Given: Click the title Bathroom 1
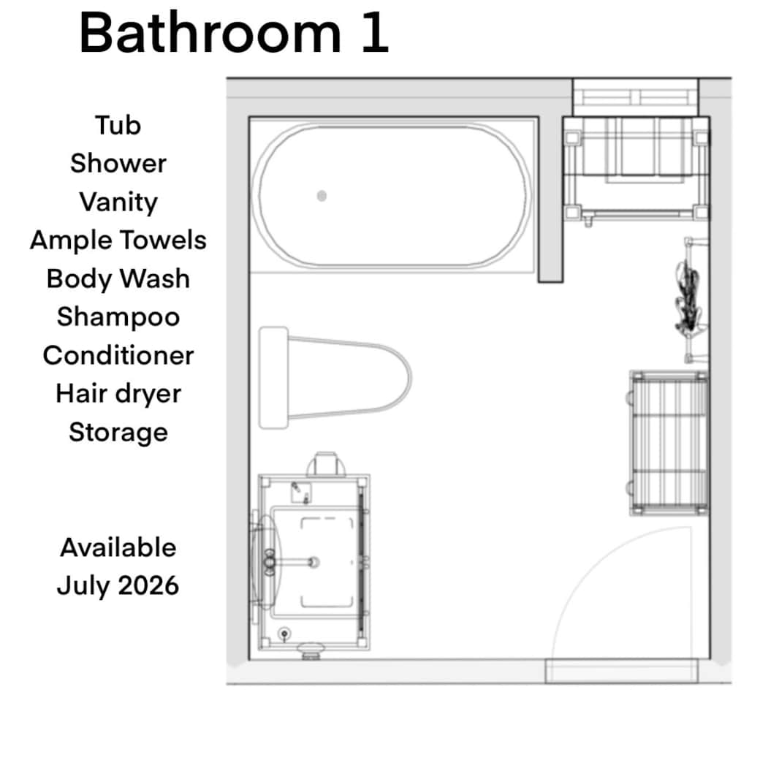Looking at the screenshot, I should pos(233,34).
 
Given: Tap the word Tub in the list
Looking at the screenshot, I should pos(118,126).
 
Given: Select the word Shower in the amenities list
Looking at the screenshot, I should pos(118,164).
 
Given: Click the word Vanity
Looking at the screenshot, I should pos(118,202).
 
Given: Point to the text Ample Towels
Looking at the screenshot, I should pos(118,240).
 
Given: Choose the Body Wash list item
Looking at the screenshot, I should pos(118,278).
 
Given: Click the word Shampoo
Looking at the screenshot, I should pos(118,317).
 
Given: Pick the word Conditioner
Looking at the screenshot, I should pos(118,355).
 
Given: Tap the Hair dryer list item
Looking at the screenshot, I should pos(118,394).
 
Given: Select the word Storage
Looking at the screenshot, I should pos(118,432).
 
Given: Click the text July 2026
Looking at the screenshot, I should pos(118,585).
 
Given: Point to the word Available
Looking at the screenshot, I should pos(118,547).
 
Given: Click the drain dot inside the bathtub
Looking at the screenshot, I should pos(322,195).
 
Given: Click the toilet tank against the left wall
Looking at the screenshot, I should pos(273,378).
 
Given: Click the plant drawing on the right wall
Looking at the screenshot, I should pos(688,300).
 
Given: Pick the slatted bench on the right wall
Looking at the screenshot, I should pos(669,443).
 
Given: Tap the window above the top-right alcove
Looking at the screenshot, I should pos(634,96).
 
